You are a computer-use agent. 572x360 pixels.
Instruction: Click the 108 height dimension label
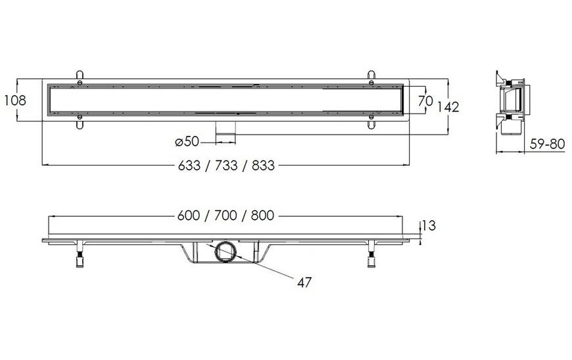tap(15, 101)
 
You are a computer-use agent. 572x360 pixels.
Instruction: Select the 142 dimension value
tap(448, 107)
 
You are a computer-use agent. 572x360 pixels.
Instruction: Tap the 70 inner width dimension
tap(425, 101)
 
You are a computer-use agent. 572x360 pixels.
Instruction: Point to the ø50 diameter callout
tap(187, 141)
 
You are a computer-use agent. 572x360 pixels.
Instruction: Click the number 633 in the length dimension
tap(189, 166)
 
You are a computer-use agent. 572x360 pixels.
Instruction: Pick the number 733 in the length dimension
tap(226, 166)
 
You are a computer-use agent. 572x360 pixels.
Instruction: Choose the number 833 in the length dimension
tap(263, 166)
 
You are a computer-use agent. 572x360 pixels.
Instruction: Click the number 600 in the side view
tap(189, 215)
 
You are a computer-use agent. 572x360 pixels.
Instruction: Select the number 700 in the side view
tap(226, 215)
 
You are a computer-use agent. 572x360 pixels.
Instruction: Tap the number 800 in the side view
tap(262, 215)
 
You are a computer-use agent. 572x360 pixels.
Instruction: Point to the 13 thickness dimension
tap(429, 226)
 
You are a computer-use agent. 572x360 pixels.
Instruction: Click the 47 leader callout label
tap(304, 282)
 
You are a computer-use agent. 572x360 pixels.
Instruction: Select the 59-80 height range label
tap(547, 144)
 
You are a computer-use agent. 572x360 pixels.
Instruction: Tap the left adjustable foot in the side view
tap(80, 254)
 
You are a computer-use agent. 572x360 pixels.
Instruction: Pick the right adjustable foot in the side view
tap(371, 254)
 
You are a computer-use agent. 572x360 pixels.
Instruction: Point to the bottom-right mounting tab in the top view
tap(371, 122)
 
